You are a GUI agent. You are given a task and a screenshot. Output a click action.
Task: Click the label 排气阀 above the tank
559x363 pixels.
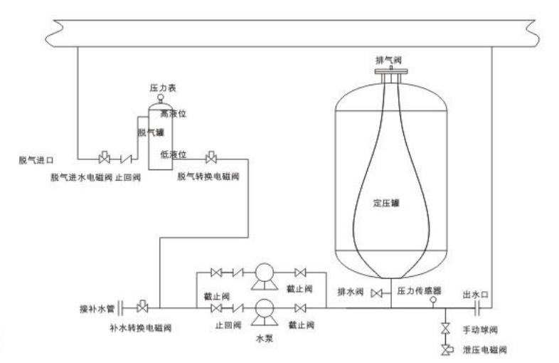point(389,60)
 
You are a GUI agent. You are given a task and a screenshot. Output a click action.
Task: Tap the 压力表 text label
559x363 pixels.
point(157,87)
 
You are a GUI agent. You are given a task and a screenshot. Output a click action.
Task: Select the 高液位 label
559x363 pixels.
point(173,113)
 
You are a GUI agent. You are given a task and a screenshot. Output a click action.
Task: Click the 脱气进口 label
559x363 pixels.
point(37,160)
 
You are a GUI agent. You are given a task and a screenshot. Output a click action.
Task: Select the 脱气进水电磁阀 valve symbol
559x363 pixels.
point(104,157)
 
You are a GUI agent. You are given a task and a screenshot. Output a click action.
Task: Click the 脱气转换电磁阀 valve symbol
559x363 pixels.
point(211,157)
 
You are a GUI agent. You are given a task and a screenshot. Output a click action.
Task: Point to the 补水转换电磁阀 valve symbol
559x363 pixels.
point(142,307)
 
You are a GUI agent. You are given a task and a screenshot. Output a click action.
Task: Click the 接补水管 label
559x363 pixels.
point(95,310)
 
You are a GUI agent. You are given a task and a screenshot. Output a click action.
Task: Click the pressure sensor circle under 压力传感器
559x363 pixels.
point(432,300)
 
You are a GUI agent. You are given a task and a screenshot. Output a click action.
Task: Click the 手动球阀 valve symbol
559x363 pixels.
point(445,329)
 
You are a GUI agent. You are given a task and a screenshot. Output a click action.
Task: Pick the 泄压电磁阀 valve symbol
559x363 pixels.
point(445,349)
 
